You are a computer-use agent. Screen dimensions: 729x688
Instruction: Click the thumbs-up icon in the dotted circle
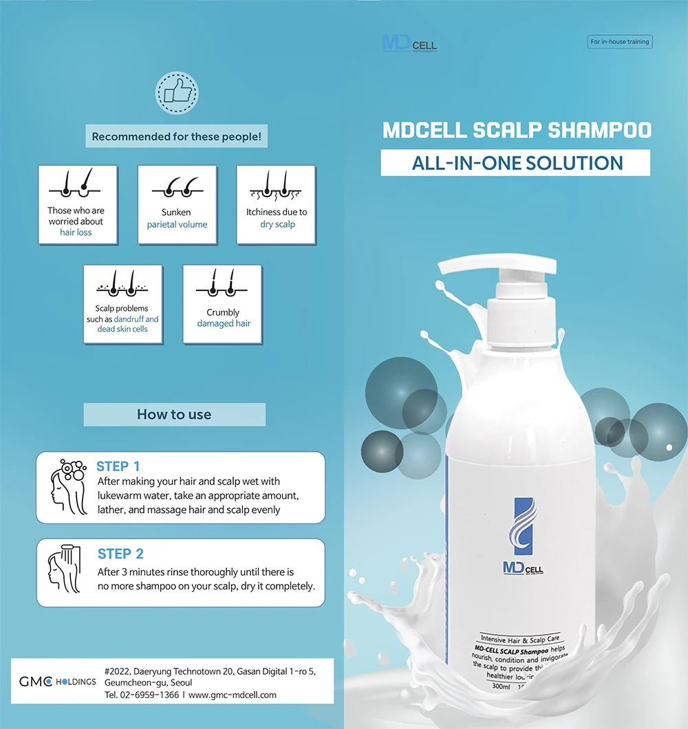click(x=177, y=93)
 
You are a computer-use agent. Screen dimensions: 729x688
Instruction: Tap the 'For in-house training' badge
click(x=620, y=42)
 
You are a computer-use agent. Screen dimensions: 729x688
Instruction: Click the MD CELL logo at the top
click(x=409, y=43)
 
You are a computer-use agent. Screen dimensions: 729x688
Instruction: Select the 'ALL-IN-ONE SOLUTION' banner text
click(x=517, y=163)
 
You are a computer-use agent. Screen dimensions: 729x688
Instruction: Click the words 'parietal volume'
click(x=177, y=224)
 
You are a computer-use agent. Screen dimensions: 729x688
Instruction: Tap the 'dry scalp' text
click(x=277, y=224)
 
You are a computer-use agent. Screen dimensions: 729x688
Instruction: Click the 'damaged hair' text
click(x=224, y=323)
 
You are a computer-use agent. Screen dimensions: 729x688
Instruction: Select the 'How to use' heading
click(x=174, y=415)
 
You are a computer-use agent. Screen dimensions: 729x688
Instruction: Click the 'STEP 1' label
click(x=118, y=466)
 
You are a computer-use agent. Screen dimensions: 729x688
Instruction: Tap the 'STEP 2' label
click(x=120, y=554)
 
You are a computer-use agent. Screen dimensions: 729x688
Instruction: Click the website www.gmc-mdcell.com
click(x=233, y=695)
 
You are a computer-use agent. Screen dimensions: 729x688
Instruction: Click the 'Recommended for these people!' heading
click(x=177, y=137)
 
